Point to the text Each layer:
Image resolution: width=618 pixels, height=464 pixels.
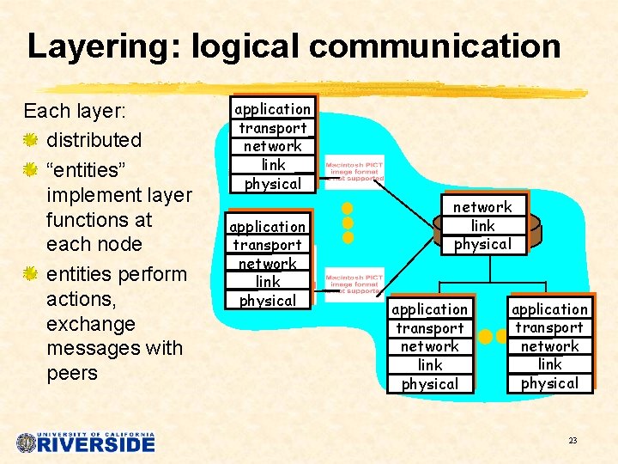click(75, 112)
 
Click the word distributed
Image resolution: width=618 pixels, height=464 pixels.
click(94, 140)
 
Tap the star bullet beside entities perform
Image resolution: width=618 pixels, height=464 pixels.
click(31, 274)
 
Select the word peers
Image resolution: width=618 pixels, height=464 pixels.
click(72, 373)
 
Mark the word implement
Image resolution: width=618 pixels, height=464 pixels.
click(95, 195)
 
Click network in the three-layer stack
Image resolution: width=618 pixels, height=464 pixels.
click(482, 207)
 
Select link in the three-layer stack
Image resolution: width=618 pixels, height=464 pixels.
click(482, 225)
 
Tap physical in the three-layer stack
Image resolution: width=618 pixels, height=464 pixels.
click(482, 244)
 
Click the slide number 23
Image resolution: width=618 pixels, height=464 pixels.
click(573, 441)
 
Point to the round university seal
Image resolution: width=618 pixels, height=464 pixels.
click(27, 443)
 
